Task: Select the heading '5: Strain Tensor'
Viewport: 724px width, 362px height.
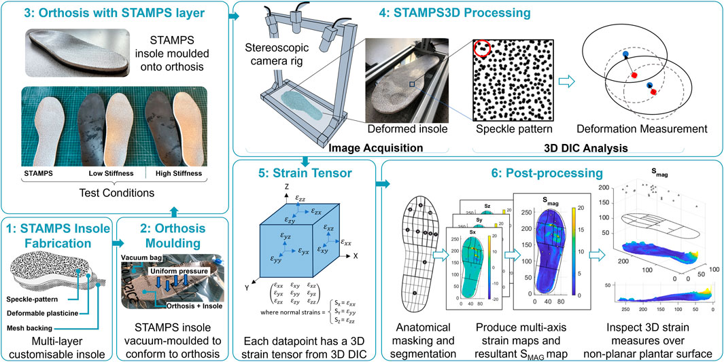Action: pyautogui.click(x=304, y=173)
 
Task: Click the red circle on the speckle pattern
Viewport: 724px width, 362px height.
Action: pyautogui.click(x=482, y=46)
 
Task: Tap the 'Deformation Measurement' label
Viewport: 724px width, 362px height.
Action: pyautogui.click(x=642, y=129)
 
